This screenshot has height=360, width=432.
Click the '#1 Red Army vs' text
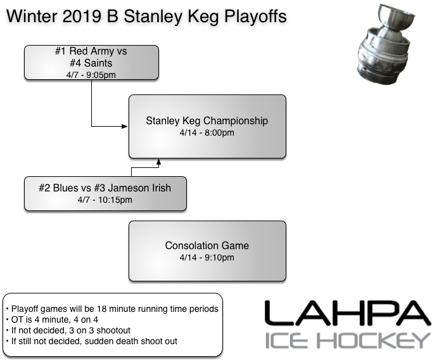[91, 51]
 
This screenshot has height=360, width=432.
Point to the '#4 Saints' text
[91, 63]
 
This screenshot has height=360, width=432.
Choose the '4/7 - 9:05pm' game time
[91, 74]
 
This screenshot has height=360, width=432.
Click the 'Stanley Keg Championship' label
[207, 120]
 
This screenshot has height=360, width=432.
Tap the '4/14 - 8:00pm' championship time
[207, 132]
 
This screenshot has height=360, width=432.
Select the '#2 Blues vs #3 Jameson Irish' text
[105, 188]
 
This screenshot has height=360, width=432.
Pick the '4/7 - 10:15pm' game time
[105, 200]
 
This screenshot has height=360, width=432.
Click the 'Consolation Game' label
[207, 245]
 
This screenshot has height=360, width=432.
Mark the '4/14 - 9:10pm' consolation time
[207, 257]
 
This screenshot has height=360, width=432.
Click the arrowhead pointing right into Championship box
[125, 127]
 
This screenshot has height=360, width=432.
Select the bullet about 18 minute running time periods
[113, 309]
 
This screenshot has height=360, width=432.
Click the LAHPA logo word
[346, 314]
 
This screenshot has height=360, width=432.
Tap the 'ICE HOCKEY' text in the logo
[346, 340]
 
